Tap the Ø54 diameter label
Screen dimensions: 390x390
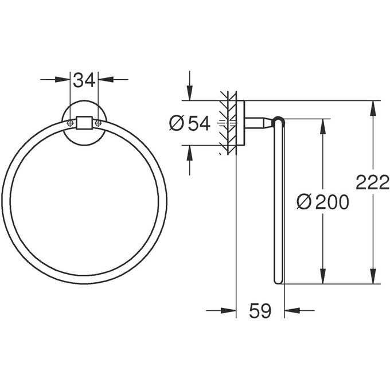(x=190, y=123)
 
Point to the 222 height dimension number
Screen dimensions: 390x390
(x=373, y=183)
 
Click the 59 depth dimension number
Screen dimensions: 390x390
(x=260, y=311)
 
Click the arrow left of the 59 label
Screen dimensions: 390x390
(x=229, y=311)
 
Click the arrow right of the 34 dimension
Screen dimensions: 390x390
(x=104, y=80)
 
